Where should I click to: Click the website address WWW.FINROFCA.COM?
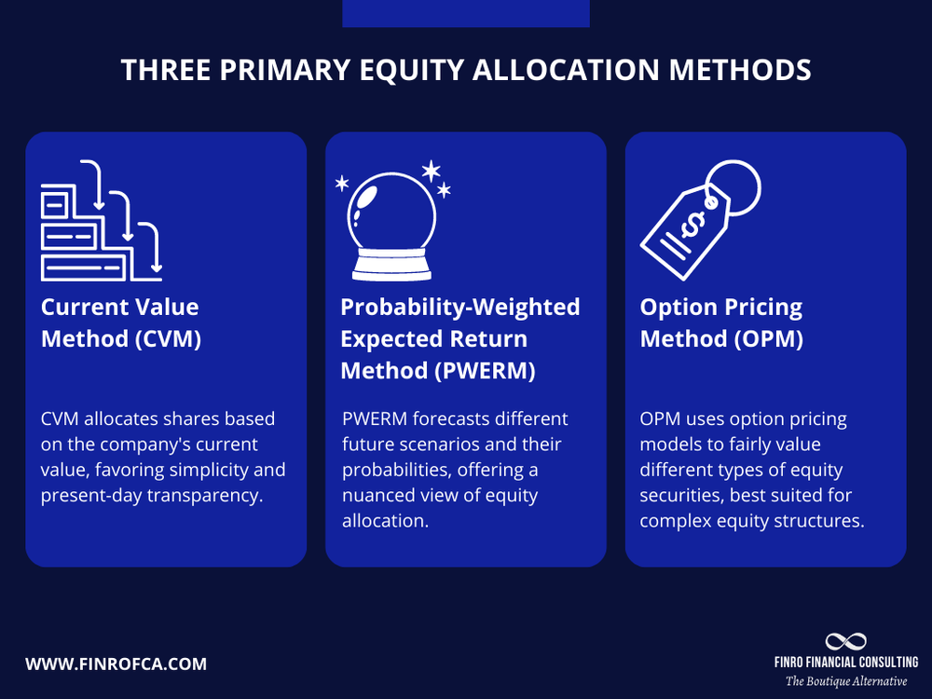[x=116, y=665]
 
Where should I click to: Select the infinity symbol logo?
[x=845, y=641]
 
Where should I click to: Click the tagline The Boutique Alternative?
[x=845, y=681]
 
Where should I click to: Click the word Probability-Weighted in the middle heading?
[x=460, y=308]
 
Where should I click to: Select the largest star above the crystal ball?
[x=431, y=171]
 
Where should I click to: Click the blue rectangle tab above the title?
[x=466, y=13]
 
